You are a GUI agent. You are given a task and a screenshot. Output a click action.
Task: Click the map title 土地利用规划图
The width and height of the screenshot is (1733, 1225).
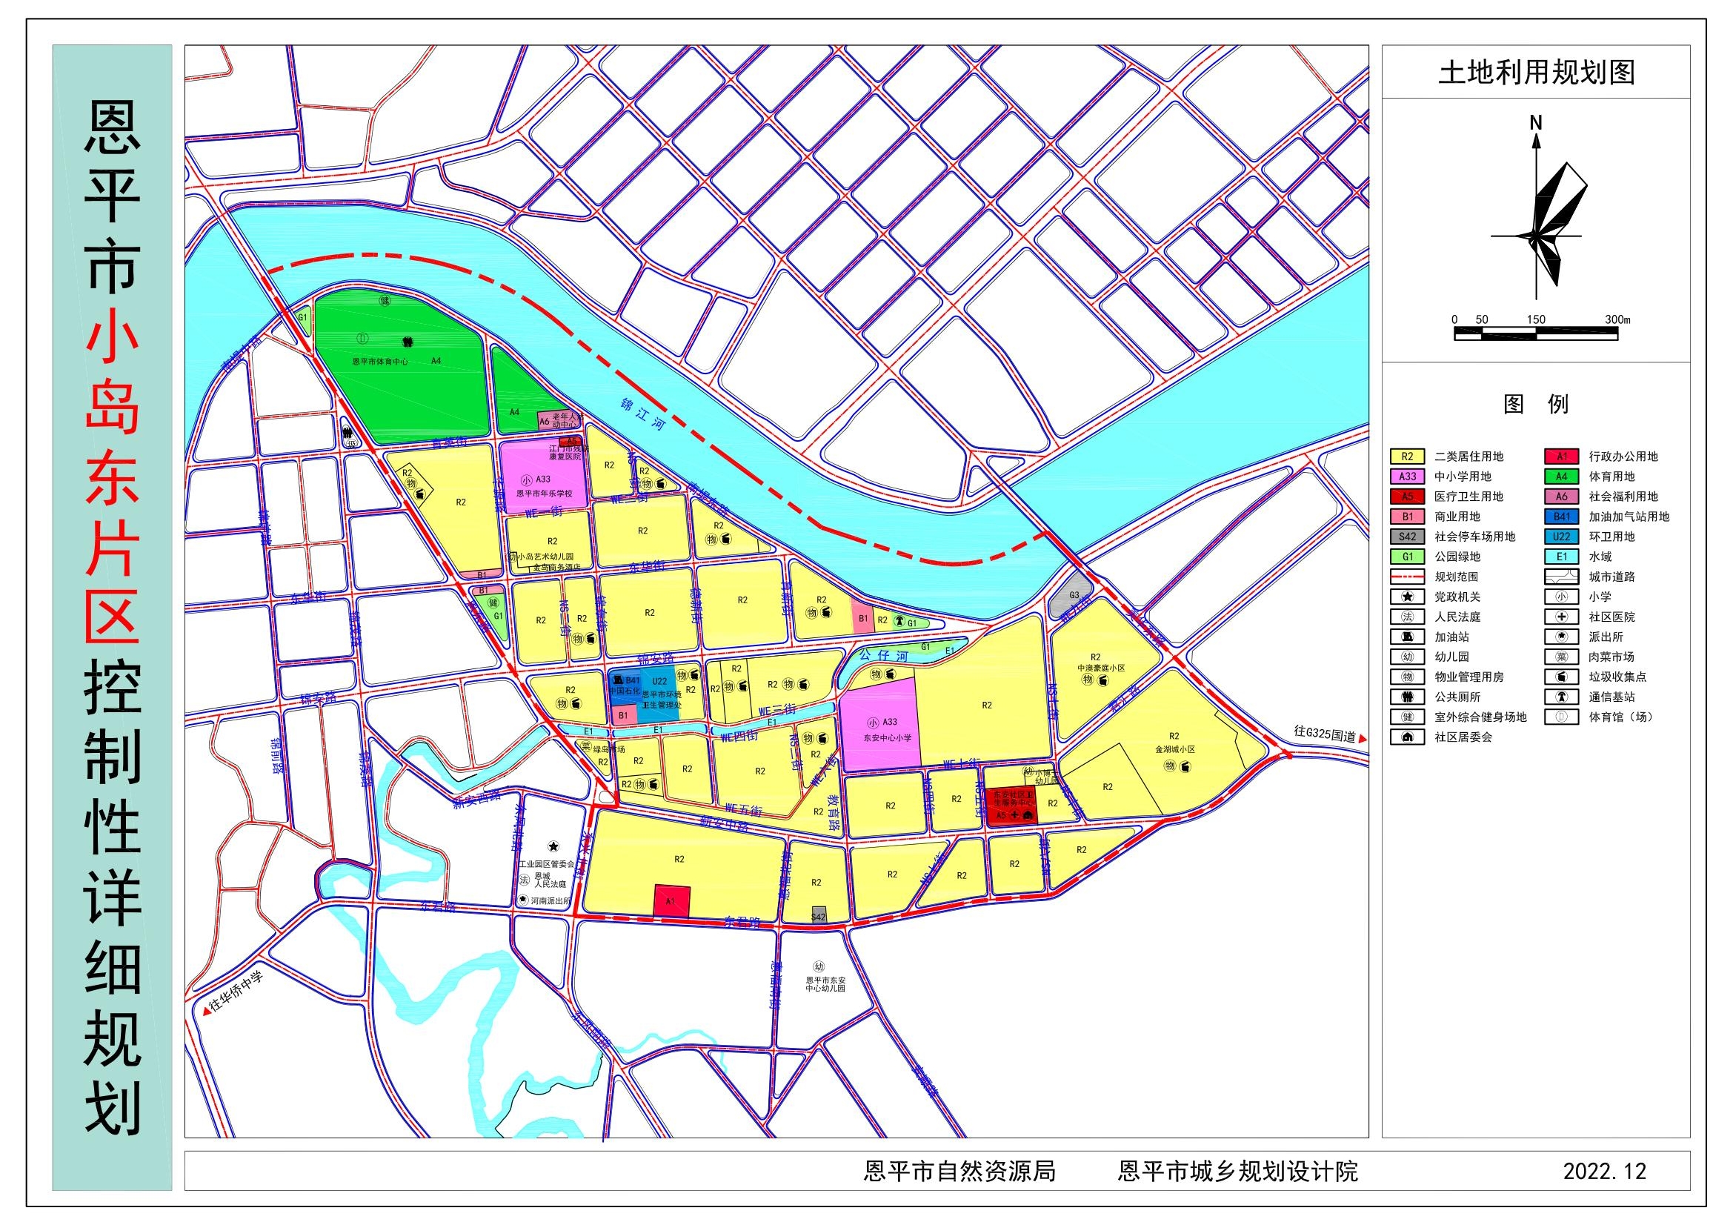click(x=1536, y=73)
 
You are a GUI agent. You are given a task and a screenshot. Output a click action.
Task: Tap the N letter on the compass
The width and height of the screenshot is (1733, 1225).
click(x=1535, y=122)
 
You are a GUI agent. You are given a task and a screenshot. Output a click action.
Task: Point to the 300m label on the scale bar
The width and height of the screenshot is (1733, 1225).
click(x=1617, y=319)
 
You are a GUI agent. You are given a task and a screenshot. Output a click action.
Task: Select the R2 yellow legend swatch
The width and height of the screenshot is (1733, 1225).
click(x=1407, y=457)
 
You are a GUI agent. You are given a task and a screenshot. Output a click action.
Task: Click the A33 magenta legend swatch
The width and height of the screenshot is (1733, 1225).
click(x=1407, y=477)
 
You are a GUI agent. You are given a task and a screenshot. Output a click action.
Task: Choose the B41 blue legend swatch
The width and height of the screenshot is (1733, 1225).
click(x=1561, y=517)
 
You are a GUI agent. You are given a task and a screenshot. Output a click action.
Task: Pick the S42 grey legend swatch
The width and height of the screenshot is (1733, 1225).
click(x=1407, y=537)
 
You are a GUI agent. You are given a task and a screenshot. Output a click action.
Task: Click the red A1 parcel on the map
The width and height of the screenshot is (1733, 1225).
click(x=671, y=900)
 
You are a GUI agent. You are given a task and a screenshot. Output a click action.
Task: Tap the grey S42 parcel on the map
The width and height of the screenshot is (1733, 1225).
click(x=818, y=914)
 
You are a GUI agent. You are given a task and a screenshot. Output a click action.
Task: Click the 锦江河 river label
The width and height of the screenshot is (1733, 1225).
click(x=642, y=414)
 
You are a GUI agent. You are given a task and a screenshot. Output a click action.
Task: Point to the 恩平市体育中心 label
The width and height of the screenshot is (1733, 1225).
click(x=379, y=362)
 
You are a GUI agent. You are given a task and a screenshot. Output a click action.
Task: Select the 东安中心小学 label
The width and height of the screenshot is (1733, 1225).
click(x=887, y=737)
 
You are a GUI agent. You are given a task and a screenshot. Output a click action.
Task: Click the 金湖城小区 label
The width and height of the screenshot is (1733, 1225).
click(x=1174, y=749)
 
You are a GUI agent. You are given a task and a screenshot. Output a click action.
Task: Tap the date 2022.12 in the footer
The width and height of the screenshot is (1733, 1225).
click(x=1604, y=1171)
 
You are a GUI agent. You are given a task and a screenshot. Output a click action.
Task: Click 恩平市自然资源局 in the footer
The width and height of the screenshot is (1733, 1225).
click(x=959, y=1171)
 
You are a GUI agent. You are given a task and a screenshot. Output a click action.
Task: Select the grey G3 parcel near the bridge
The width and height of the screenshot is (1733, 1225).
click(x=1073, y=596)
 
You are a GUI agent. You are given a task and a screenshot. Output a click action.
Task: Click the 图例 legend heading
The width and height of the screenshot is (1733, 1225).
click(x=1535, y=404)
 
